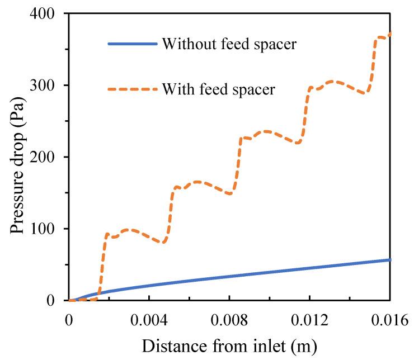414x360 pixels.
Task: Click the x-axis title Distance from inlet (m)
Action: coord(230,347)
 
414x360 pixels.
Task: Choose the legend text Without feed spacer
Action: coord(229,44)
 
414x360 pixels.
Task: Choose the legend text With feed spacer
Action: coord(218,89)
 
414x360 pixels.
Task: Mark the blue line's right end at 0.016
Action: coord(389,260)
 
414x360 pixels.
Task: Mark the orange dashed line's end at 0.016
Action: coord(389,34)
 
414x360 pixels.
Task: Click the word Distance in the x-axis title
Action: coord(167,347)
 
